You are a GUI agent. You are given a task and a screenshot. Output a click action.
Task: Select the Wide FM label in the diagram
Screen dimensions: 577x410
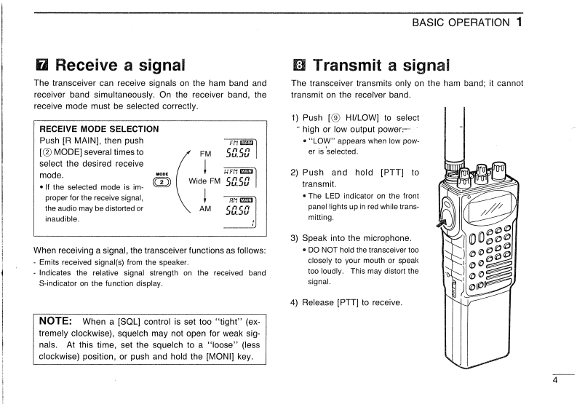(x=204, y=181)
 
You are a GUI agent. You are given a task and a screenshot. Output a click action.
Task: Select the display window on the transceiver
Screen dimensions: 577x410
(x=481, y=211)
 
